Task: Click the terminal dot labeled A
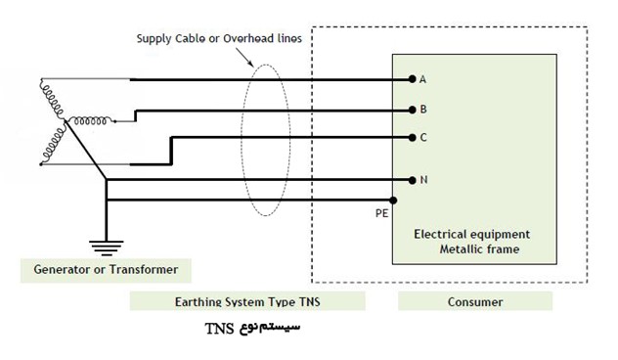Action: [413, 79]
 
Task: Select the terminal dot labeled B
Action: [413, 110]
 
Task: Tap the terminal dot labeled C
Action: [413, 138]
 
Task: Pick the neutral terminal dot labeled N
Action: [413, 180]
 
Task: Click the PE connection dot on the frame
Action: [393, 201]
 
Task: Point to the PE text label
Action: [381, 213]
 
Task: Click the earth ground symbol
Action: [106, 248]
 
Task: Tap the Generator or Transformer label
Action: [106, 270]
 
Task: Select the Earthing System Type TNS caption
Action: [247, 301]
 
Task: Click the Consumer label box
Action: [475, 301]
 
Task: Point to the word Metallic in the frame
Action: [458, 249]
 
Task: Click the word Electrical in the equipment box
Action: [435, 234]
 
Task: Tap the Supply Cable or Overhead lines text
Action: [219, 39]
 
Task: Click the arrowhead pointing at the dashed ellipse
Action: [250, 63]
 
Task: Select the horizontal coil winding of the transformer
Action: [90, 120]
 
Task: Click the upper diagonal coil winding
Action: [52, 99]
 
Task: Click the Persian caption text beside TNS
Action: [270, 328]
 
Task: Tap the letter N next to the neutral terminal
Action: [423, 180]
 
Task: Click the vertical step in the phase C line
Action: [171, 151]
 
